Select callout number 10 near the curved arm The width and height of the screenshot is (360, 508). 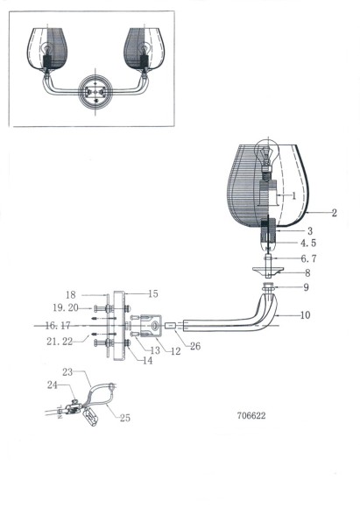tap(305, 314)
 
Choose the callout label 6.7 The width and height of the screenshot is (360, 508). tap(307, 259)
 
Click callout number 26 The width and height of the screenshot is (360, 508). tap(194, 345)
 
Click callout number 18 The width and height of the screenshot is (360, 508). tap(72, 295)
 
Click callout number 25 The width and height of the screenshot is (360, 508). tap(124, 419)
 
